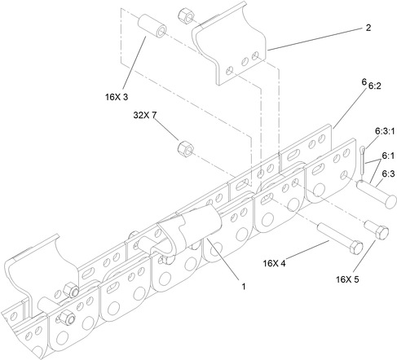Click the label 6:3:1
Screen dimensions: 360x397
click(383, 130)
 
